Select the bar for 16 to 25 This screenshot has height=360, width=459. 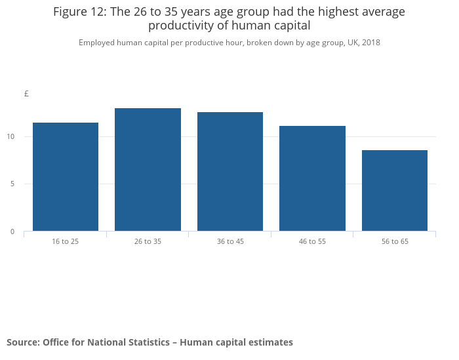point(66,177)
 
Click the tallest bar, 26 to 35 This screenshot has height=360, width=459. point(148,169)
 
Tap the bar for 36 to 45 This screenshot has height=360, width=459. point(230,172)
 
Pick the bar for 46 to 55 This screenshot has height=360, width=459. point(312,178)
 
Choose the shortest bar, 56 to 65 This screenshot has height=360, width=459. point(395,191)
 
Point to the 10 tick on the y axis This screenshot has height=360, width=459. point(10,136)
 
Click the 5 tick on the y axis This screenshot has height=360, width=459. point(12,184)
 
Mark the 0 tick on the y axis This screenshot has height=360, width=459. point(12,231)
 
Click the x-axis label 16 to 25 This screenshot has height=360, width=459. point(66,241)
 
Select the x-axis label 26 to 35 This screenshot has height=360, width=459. point(148,241)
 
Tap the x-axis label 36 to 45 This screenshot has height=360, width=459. point(230,241)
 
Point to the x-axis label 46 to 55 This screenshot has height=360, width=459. point(312,241)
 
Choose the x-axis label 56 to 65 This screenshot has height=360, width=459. point(395,241)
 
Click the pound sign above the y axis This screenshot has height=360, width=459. point(27,94)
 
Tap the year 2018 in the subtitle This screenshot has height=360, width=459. point(371,43)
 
